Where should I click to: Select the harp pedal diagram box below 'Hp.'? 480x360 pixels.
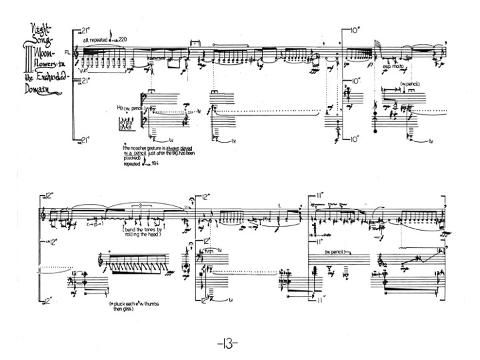pos(125,124)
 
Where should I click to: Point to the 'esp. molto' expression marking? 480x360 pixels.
pos(391,67)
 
